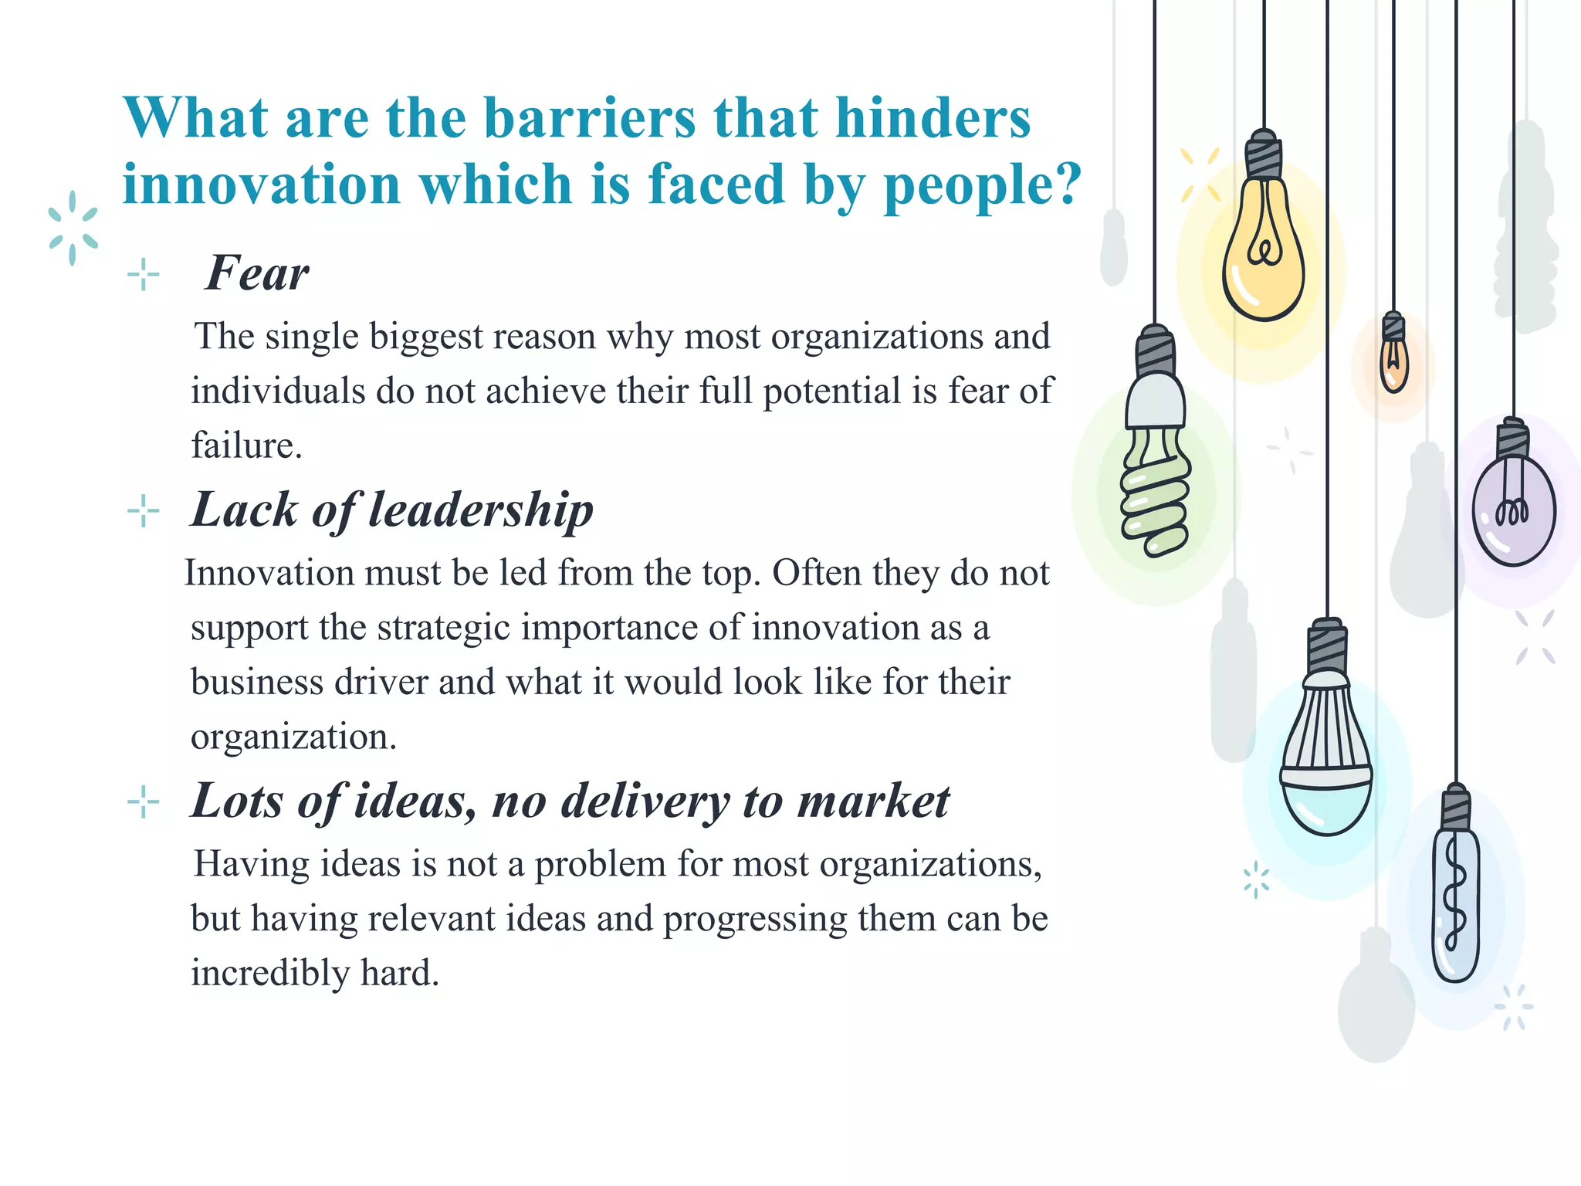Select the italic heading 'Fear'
pyautogui.click(x=257, y=273)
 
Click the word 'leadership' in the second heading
pyautogui.click(x=481, y=510)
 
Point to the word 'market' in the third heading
pyautogui.click(x=873, y=801)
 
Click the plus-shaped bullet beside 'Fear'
pyautogui.click(x=144, y=274)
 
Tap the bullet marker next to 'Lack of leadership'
pyautogui.click(x=144, y=511)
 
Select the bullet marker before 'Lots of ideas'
pyautogui.click(x=144, y=802)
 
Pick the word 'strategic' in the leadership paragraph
pyautogui.click(x=444, y=628)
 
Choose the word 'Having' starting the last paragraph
pyautogui.click(x=251, y=864)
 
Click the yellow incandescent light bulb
pyautogui.click(x=1264, y=255)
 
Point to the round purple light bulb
pyautogui.click(x=1513, y=510)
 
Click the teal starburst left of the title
pyautogui.click(x=73, y=229)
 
